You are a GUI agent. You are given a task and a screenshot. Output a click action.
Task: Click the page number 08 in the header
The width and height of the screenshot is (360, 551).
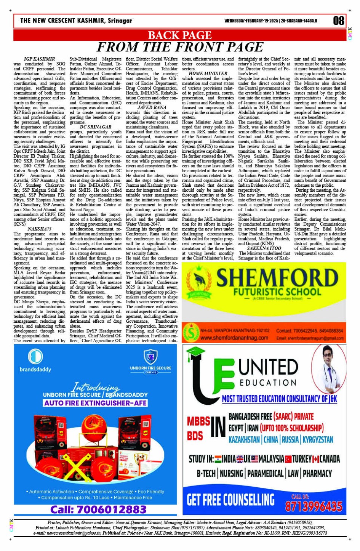coord(338,21)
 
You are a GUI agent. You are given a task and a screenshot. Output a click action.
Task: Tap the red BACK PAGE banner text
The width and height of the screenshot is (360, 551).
coord(179,35)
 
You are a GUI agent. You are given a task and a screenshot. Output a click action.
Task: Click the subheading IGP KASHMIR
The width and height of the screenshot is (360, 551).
coord(40,59)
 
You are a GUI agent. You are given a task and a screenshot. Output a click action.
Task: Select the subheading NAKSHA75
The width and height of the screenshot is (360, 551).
coord(40,229)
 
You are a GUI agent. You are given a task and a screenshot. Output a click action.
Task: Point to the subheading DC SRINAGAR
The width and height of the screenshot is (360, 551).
coord(96,127)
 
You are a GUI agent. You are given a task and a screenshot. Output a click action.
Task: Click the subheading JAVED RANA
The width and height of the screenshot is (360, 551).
coord(152,108)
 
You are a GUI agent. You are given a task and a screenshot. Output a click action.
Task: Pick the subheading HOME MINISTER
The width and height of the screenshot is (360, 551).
coord(208,73)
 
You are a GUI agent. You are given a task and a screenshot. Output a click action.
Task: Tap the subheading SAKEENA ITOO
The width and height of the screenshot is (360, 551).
coord(264,248)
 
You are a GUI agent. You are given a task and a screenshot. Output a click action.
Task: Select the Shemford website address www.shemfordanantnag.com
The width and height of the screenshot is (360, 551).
coord(234,338)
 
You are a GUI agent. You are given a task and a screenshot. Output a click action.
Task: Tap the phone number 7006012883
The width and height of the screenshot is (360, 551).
coord(98,509)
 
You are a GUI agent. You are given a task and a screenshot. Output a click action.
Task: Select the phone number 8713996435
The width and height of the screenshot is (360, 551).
coord(314,506)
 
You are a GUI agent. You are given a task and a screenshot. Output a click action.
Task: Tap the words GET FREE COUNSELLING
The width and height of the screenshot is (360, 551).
coord(230,500)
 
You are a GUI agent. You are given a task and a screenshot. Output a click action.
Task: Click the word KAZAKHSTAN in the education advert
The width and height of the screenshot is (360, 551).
coord(244,440)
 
